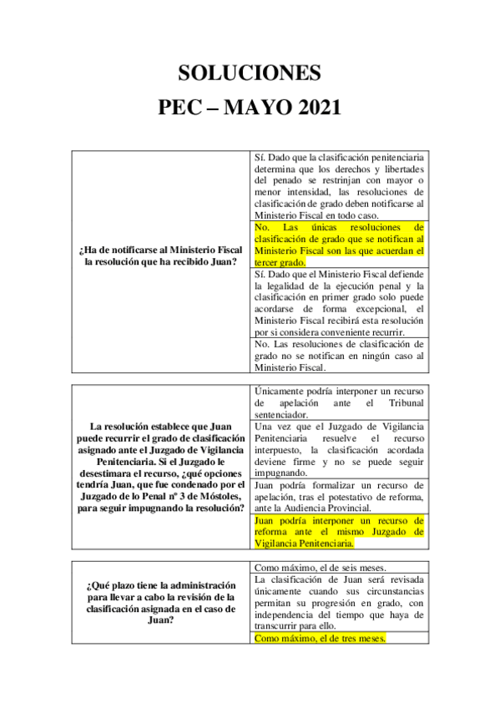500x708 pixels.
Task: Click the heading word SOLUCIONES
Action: pos(250,73)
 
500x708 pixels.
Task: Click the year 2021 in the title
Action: pos(309,109)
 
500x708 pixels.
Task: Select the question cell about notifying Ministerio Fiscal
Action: pos(159,256)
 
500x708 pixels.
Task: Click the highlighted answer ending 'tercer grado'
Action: pos(338,244)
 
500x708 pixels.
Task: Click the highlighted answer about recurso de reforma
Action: pos(338,531)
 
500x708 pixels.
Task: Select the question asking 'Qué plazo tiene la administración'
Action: pos(159,602)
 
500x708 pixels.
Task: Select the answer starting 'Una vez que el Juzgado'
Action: pos(338,449)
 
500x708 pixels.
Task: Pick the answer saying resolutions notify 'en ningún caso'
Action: pos(338,355)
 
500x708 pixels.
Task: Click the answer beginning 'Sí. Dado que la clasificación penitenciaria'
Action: pos(338,185)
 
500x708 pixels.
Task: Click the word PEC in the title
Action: pos(183,109)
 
